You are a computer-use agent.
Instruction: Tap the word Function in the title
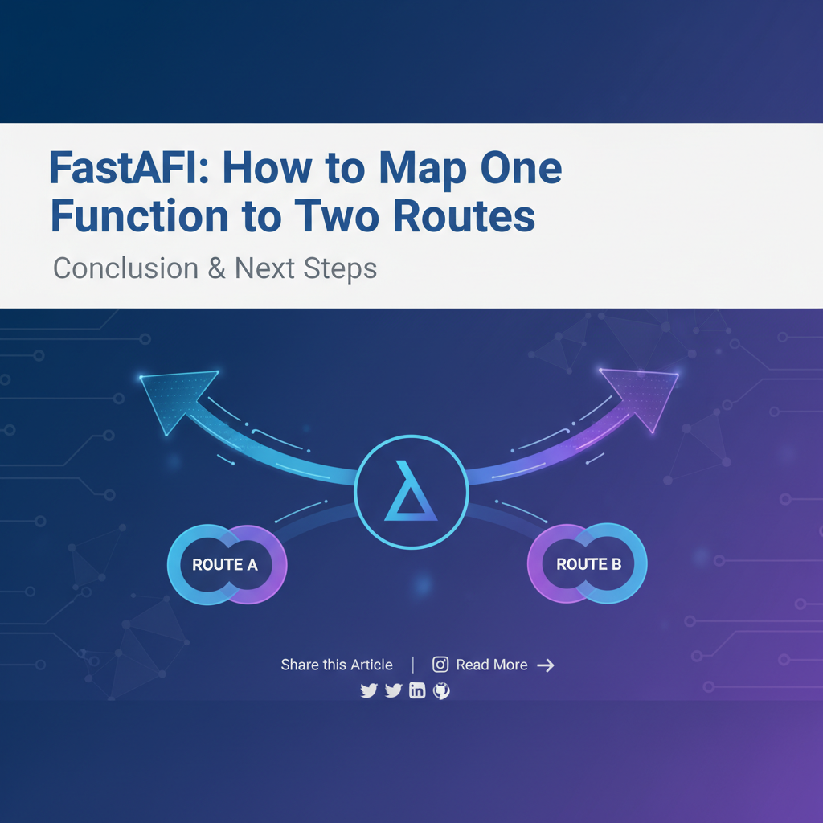click(140, 215)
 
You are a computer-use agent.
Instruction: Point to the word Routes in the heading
click(464, 215)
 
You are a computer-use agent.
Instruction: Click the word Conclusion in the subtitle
click(126, 268)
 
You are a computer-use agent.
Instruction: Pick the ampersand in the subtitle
click(216, 268)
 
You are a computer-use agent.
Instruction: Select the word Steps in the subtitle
click(340, 269)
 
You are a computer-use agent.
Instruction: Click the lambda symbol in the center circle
click(411, 491)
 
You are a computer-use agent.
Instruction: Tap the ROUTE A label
click(225, 565)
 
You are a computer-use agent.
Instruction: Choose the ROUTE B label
click(589, 564)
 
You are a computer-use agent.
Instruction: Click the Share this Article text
click(337, 665)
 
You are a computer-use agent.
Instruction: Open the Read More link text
click(492, 665)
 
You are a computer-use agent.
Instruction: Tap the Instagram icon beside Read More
click(440, 665)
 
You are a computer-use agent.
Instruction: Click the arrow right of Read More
click(546, 665)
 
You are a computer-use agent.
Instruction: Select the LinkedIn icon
click(417, 690)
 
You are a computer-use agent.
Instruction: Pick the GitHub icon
click(441, 690)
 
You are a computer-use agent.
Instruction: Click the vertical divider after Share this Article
click(413, 665)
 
